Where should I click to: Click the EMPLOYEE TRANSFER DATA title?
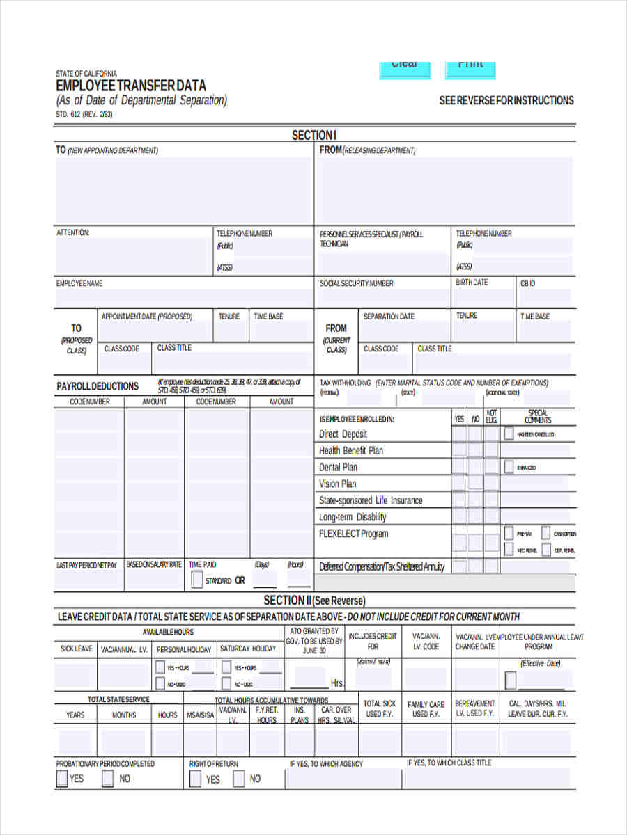[x=131, y=86]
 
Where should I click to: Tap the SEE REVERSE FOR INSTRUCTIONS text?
[x=506, y=101]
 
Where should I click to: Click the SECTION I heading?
[x=314, y=135]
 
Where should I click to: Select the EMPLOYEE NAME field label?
[x=79, y=284]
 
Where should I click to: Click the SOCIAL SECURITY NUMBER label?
[x=356, y=284]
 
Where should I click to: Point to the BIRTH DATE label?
[x=472, y=283]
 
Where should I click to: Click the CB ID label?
[x=527, y=283]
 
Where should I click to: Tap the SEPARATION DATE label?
[x=389, y=317]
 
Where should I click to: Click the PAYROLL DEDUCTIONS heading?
[x=98, y=386]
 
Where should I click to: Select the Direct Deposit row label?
[x=343, y=434]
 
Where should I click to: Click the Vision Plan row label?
[x=337, y=484]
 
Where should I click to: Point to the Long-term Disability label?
[x=353, y=518]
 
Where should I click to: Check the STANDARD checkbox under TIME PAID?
[x=196, y=580]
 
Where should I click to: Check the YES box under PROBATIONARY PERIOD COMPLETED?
[x=62, y=778]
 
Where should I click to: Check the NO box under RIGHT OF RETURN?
[x=239, y=779]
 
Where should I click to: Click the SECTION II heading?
[x=314, y=601]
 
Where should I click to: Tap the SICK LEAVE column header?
[x=76, y=649]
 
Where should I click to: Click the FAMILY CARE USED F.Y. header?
[x=426, y=709]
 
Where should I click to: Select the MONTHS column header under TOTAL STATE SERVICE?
[x=124, y=715]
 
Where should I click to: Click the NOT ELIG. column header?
[x=492, y=416]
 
